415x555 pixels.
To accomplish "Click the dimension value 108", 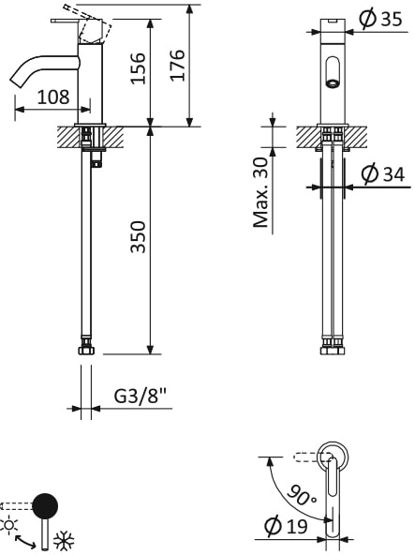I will pyautogui.click(x=52, y=97).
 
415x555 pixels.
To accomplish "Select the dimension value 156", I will pyautogui.click(x=139, y=67).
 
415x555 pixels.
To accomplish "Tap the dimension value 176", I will pyautogui.click(x=178, y=66).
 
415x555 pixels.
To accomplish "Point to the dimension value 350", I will pyautogui.click(x=139, y=240).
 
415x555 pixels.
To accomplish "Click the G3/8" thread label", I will pyautogui.click(x=141, y=397).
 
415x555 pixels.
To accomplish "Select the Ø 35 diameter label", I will pyautogui.click(x=379, y=18).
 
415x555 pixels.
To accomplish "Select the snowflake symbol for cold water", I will pyautogui.click(x=65, y=541).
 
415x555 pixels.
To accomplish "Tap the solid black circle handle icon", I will pyautogui.click(x=44, y=506).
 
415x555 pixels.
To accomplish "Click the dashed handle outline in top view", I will pyautogui.click(x=305, y=457).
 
